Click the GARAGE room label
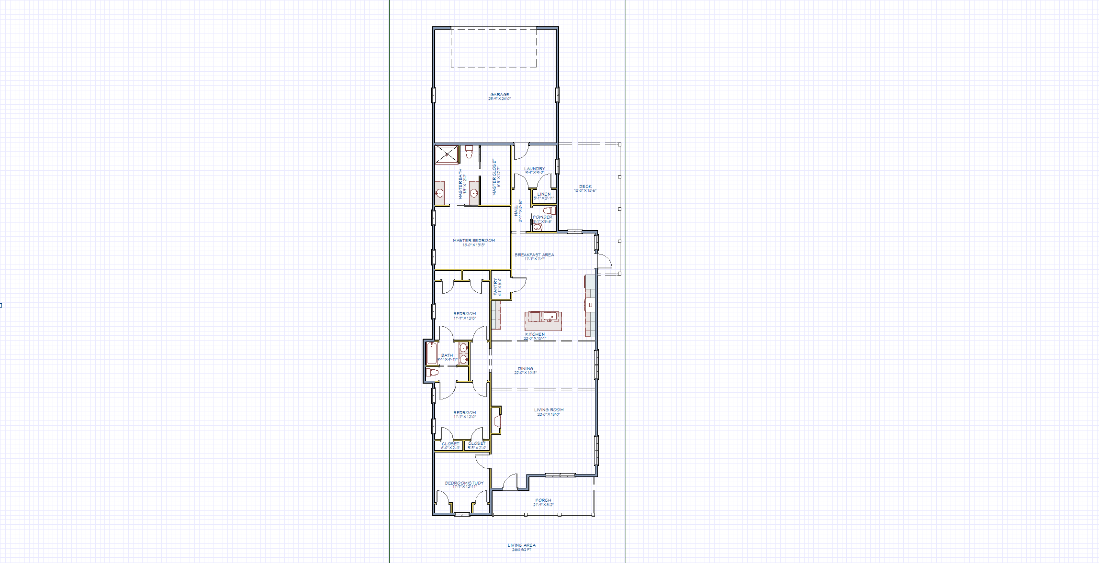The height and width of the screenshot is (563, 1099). [499, 95]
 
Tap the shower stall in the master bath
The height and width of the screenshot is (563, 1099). [446, 155]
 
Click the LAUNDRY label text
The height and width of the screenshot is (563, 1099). [534, 169]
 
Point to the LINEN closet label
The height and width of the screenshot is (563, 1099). [544, 194]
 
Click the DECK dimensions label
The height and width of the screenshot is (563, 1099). [585, 190]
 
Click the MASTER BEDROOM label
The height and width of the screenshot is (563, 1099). [474, 241]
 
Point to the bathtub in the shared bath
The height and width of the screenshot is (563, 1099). [432, 353]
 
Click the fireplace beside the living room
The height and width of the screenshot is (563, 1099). [497, 421]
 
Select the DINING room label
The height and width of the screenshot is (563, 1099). [526, 369]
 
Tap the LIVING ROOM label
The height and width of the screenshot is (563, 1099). [549, 410]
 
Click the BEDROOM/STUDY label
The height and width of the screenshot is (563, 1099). [464, 483]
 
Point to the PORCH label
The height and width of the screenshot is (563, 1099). [543, 500]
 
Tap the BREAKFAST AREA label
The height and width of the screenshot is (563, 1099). [534, 255]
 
